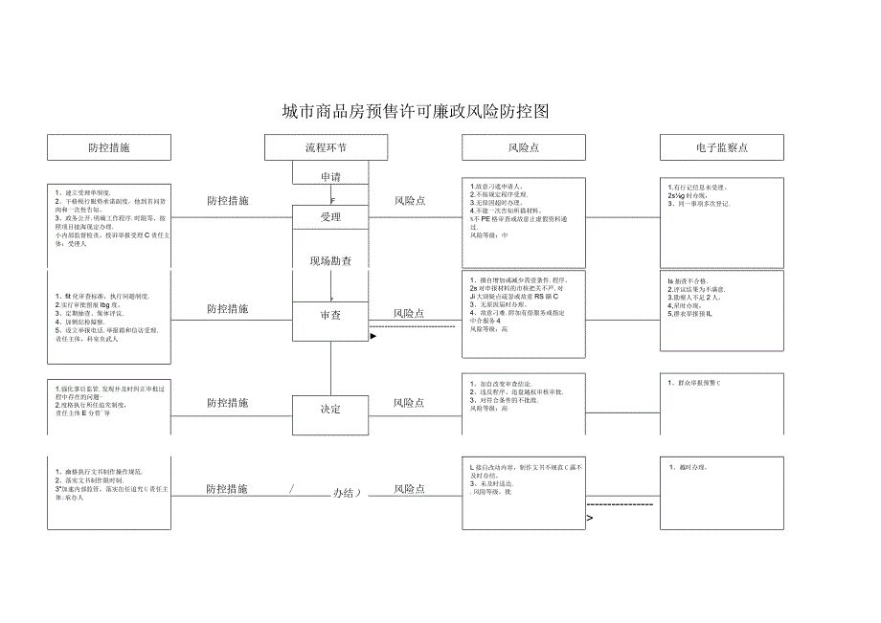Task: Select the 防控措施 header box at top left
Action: pyautogui.click(x=109, y=147)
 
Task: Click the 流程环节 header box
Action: pyautogui.click(x=327, y=147)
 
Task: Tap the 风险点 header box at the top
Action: pyautogui.click(x=523, y=147)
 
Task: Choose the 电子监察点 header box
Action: pyautogui.click(x=721, y=147)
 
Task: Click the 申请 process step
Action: pyautogui.click(x=329, y=176)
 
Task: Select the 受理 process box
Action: pyautogui.click(x=330, y=217)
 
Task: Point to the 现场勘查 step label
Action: pyautogui.click(x=329, y=260)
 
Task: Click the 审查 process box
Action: pyautogui.click(x=330, y=314)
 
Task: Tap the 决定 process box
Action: pyautogui.click(x=330, y=409)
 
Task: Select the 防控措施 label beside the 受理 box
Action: pyautogui.click(x=228, y=201)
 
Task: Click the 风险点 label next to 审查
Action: pyautogui.click(x=409, y=313)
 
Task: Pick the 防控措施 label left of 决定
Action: pyautogui.click(x=228, y=403)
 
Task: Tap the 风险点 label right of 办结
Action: pyautogui.click(x=409, y=489)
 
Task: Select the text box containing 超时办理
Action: pyautogui.click(x=721, y=494)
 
